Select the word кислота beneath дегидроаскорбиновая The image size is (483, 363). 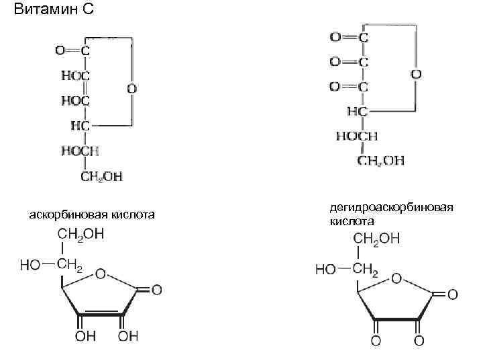tap(352, 220)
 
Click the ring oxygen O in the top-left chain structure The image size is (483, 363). tap(131, 88)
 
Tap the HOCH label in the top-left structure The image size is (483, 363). tap(80, 151)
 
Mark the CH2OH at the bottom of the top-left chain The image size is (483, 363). tap(101, 176)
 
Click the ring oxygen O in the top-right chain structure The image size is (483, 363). tap(416, 74)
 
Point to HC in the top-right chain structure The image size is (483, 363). tap(356, 111)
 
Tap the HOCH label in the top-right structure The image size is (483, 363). tap(357, 136)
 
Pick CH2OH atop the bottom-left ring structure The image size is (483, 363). tap(80, 235)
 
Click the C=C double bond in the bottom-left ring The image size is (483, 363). tap(100, 313)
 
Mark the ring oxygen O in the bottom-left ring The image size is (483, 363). tap(101, 274)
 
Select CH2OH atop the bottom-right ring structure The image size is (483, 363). tap(376, 239)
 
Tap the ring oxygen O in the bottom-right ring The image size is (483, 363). tap(396, 278)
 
